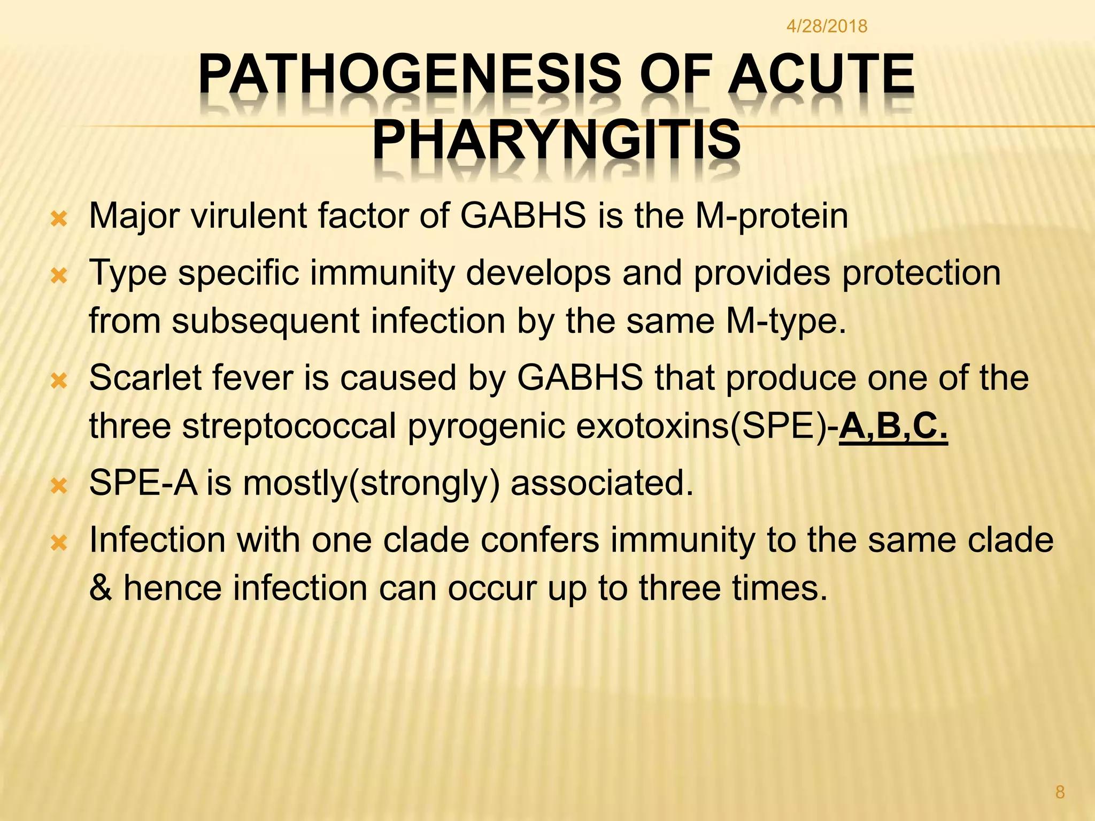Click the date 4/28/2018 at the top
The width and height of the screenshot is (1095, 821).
tap(827, 26)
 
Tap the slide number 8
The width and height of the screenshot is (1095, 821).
tap(1060, 792)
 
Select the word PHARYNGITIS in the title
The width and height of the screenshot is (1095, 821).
tap(556, 140)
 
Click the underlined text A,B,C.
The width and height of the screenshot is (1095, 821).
tap(893, 427)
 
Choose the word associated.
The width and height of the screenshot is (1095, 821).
tap(602, 483)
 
